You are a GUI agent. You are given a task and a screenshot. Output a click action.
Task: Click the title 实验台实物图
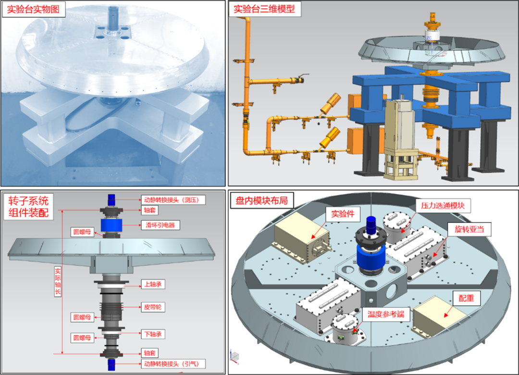[33, 10]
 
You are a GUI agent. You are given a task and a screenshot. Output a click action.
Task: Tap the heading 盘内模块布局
[261, 200]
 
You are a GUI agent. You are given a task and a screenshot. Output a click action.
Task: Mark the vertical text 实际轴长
[58, 281]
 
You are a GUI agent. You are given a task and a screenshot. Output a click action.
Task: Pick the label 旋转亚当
[469, 230]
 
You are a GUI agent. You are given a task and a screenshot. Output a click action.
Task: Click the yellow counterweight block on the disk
[438, 320]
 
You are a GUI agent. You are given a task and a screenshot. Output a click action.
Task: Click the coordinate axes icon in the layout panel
[235, 356]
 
